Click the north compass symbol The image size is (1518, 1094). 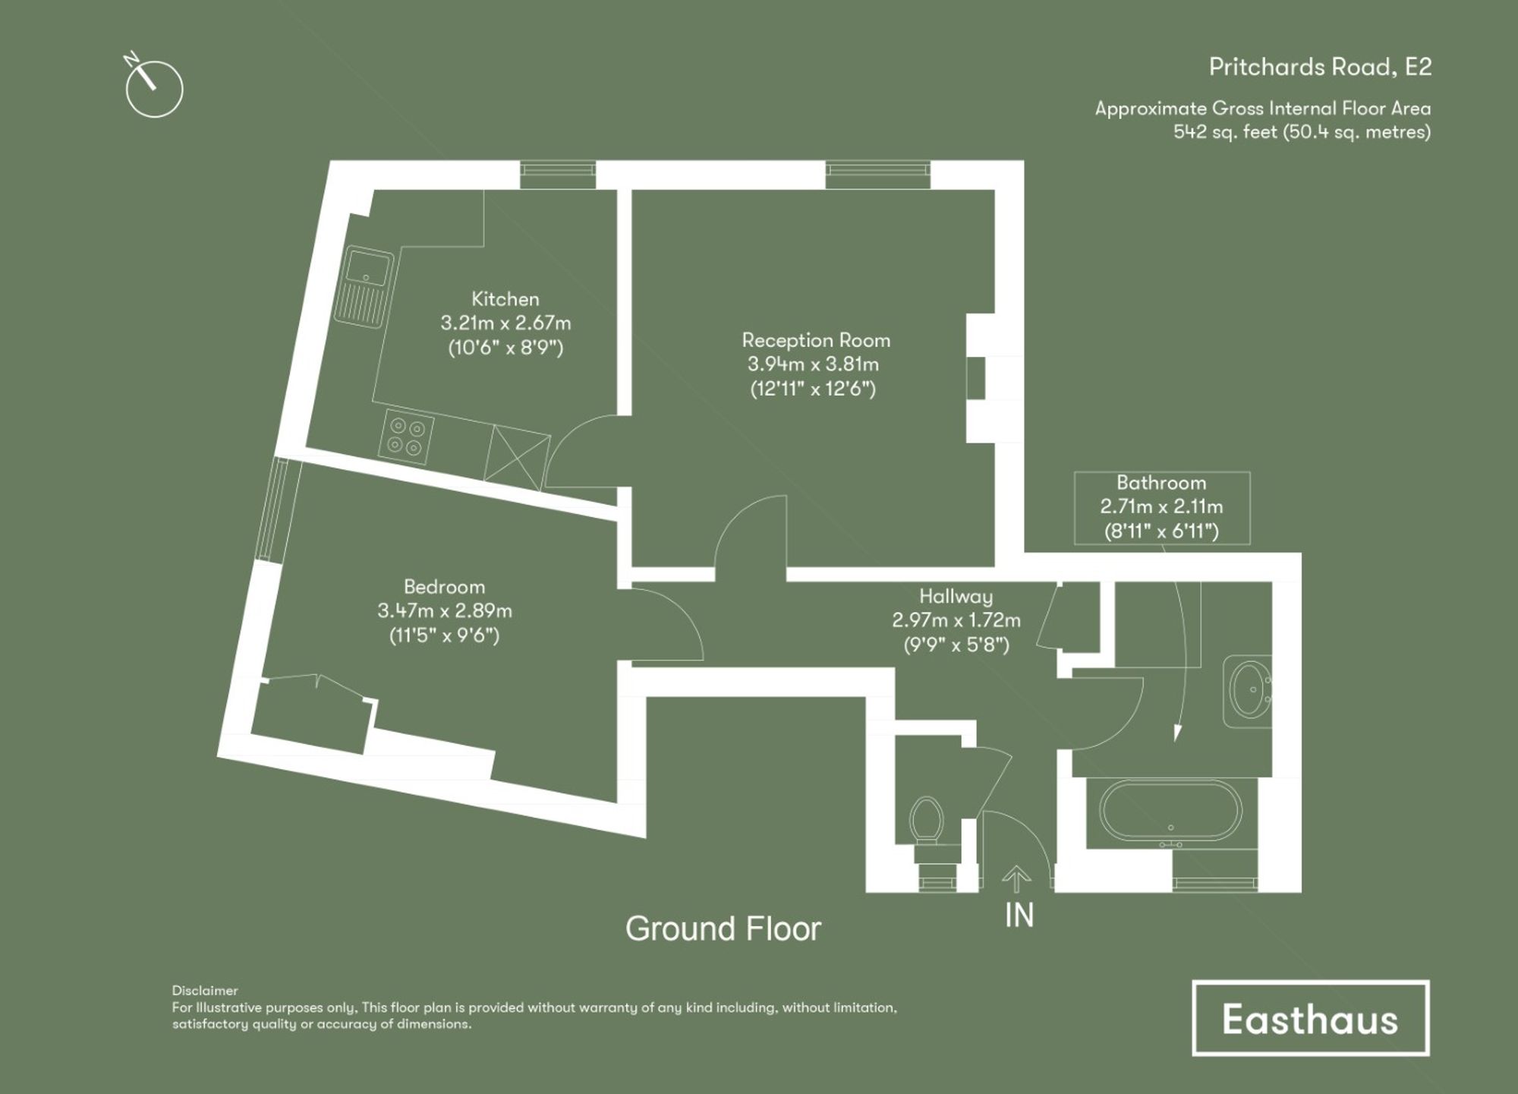click(x=153, y=88)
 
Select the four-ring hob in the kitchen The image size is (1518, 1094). click(x=406, y=437)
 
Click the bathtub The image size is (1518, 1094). click(x=1170, y=810)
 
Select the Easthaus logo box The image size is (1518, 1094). click(x=1310, y=1018)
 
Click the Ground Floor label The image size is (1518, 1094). click(x=723, y=928)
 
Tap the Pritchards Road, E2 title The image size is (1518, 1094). click(x=1320, y=67)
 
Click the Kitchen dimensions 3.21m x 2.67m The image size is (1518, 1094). click(x=505, y=323)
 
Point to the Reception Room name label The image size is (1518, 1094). click(x=816, y=340)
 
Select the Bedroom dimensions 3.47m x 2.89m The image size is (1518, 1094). click(x=445, y=610)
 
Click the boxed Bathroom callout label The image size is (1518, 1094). click(x=1161, y=507)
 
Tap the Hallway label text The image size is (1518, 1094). click(x=956, y=596)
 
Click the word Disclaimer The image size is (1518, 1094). click(x=205, y=990)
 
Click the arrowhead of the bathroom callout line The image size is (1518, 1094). click(x=1177, y=733)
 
